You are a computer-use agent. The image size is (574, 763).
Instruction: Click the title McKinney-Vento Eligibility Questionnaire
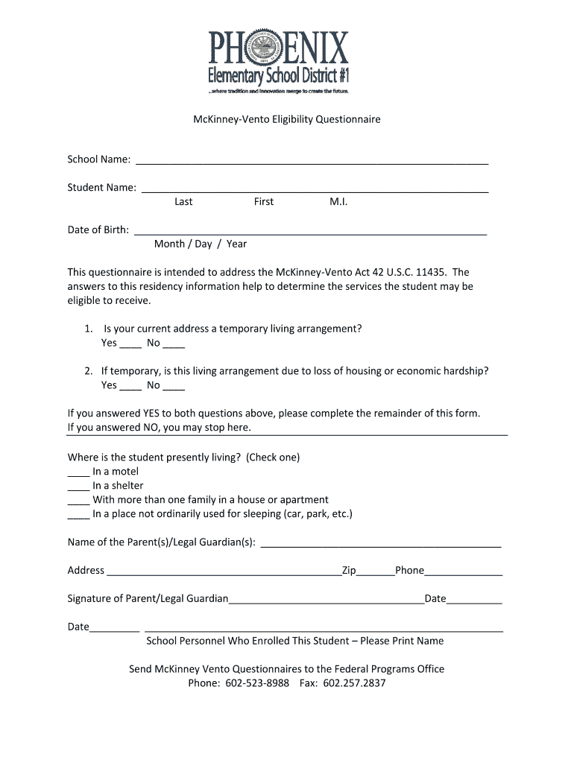286,118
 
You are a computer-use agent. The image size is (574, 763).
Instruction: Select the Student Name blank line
315,188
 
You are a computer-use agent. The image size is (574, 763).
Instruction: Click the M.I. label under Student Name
338,202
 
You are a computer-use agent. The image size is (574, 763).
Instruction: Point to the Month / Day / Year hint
200,244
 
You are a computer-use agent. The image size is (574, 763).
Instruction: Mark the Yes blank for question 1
130,343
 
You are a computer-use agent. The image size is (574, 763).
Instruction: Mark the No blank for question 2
174,386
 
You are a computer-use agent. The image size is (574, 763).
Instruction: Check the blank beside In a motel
78,472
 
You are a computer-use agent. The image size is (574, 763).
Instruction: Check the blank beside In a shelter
78,486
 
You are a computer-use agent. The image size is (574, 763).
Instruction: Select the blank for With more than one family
78,500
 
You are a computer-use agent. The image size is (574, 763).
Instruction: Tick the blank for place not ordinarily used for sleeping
78,514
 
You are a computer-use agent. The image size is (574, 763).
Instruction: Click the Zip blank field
376,571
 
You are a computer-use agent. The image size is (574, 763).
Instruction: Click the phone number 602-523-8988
257,683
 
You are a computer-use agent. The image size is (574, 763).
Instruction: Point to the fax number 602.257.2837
354,683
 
